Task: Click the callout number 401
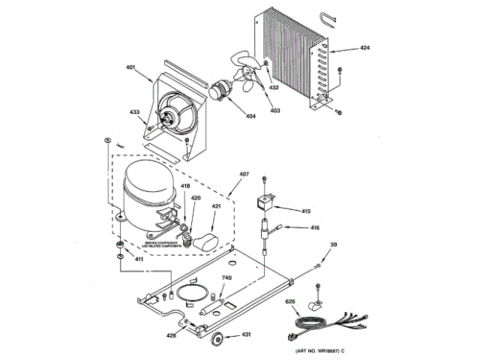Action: [x=130, y=68]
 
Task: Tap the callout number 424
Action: [x=364, y=48]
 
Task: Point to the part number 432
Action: [x=274, y=88]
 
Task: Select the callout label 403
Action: [x=274, y=111]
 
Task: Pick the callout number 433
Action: [x=135, y=112]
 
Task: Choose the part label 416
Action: [x=315, y=228]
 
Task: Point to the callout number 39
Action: [x=334, y=244]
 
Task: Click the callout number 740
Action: [x=226, y=278]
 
